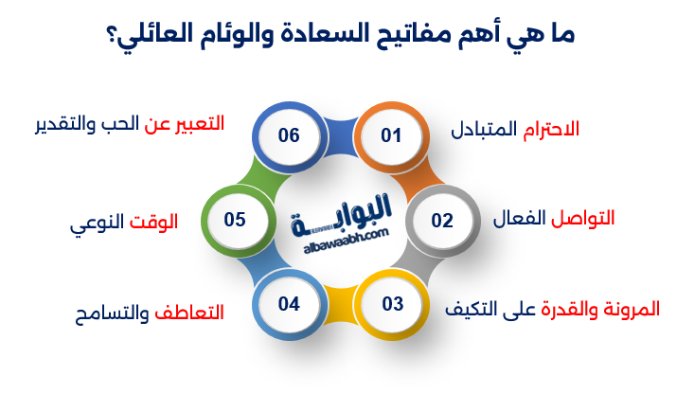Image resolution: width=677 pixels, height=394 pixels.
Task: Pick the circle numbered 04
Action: pos(289,304)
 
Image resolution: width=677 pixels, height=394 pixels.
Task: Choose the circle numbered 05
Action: pos(235,220)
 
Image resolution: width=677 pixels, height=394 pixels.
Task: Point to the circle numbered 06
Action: pos(289,135)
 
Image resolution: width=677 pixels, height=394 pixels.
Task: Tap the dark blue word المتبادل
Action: pos(484,129)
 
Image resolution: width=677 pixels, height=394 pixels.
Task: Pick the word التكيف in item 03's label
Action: pos(476,309)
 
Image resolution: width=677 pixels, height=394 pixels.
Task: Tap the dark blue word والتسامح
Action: pos(112,312)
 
